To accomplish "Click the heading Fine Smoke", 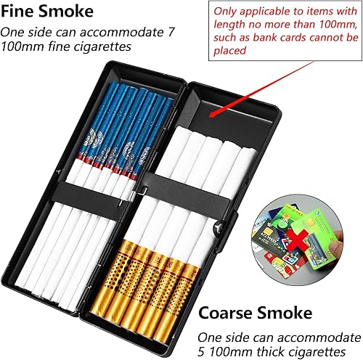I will pos(46,12).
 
